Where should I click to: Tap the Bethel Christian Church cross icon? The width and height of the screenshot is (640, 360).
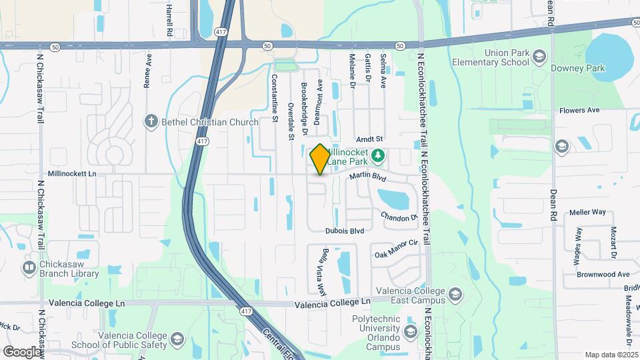coord(151,121)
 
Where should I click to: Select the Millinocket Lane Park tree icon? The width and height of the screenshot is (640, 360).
coord(378,156)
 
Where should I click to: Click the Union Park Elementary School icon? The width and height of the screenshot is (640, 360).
coord(538,58)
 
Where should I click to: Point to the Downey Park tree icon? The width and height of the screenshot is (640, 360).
coord(541,69)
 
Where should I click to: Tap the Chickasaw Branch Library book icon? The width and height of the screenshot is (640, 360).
coord(30,267)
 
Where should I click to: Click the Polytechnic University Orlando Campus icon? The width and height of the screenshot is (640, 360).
coord(409,331)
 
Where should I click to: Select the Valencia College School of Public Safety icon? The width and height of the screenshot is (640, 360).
coord(177,341)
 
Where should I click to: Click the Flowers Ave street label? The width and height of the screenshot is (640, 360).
coord(579,110)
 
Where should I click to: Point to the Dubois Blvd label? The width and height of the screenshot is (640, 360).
coord(345,231)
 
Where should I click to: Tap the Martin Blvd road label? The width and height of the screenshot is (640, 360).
coord(368,178)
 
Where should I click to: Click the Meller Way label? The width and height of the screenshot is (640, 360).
coord(587,212)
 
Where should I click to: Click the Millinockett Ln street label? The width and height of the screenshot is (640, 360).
coord(77,173)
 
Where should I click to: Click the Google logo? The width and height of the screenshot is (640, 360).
coord(22,351)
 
